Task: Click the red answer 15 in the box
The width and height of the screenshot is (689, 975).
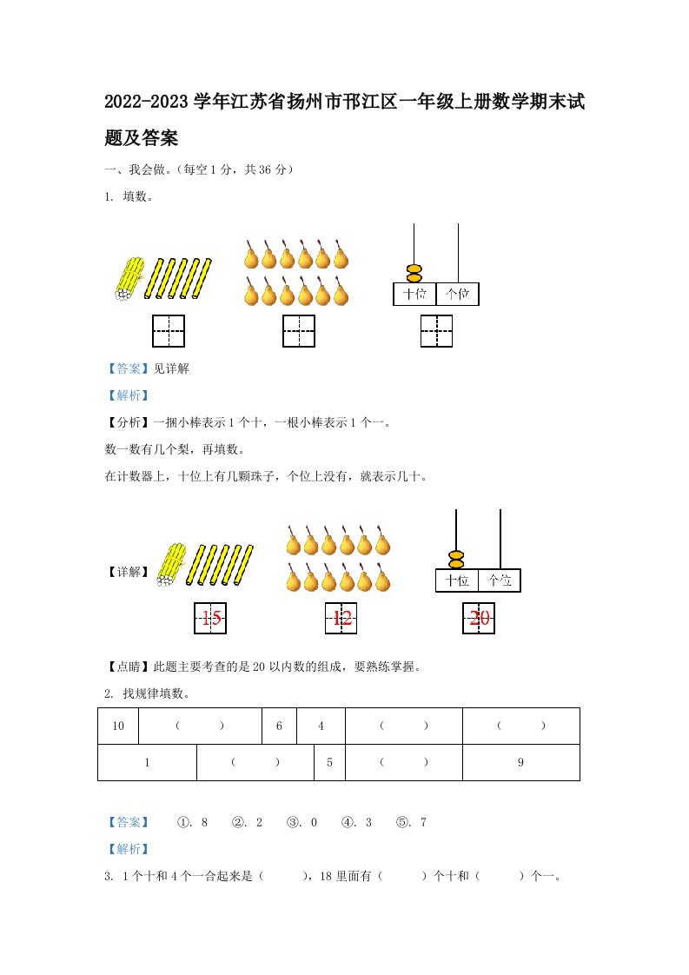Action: tap(211, 618)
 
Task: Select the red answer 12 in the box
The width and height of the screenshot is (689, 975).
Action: tap(341, 618)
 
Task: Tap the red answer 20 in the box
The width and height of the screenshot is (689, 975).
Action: tap(480, 618)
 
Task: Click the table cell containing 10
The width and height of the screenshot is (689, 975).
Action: tap(118, 726)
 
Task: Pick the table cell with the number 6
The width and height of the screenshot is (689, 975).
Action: tap(279, 726)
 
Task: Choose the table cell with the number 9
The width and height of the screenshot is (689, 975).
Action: tap(521, 762)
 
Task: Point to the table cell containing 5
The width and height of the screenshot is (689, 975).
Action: tap(329, 762)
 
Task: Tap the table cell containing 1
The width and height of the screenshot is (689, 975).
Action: tap(148, 762)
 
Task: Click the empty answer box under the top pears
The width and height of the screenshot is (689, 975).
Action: tap(299, 331)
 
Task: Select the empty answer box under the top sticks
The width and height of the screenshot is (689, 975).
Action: tap(169, 331)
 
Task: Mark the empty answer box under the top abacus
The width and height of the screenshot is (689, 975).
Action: tap(436, 331)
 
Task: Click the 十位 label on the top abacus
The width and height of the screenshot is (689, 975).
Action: tap(414, 294)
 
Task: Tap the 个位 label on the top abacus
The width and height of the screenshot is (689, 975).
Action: tap(458, 294)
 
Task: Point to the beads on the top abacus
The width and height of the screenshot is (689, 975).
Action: tap(414, 274)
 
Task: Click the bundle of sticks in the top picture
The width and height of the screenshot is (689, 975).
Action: tap(129, 279)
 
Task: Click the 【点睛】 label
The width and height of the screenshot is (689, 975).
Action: tap(129, 667)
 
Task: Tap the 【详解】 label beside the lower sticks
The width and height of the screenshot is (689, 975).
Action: tap(129, 572)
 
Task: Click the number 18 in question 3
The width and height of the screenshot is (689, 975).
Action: tap(326, 876)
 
